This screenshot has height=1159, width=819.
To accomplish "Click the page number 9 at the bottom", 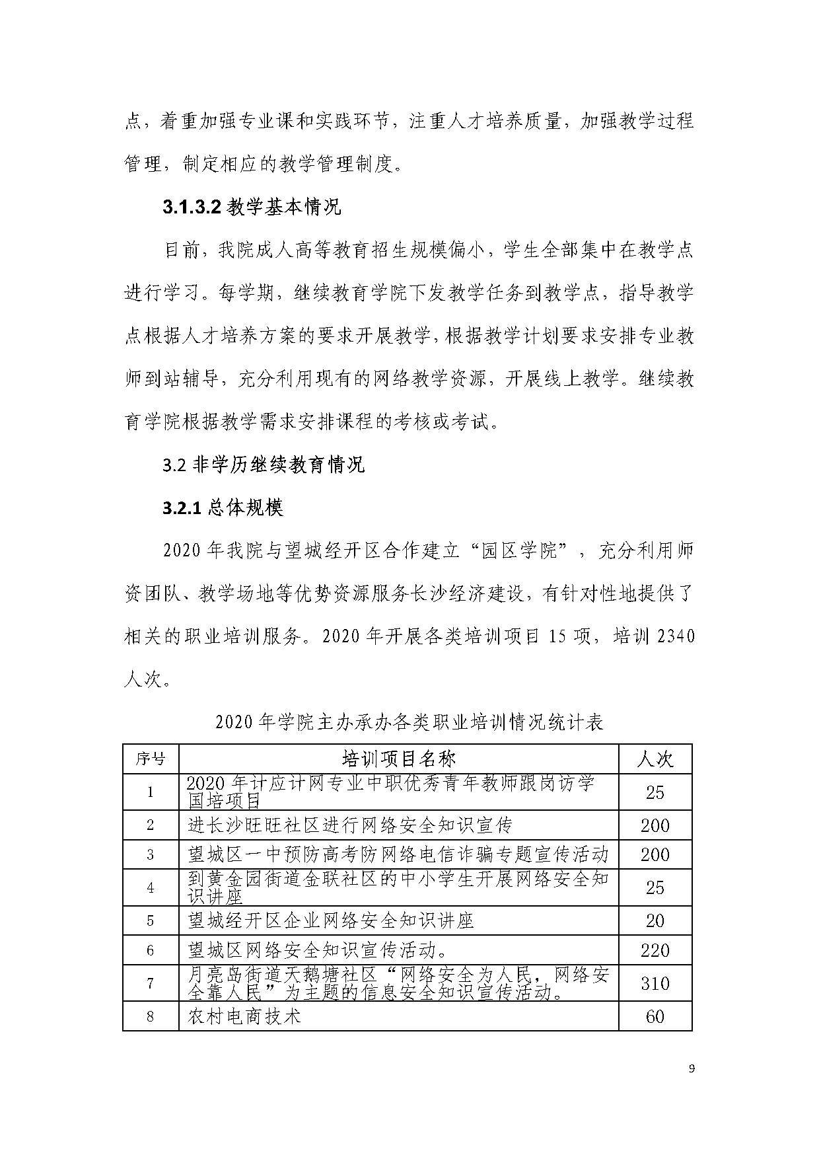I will click(692, 1068).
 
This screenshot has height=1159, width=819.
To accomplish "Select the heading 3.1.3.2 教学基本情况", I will click(252, 208).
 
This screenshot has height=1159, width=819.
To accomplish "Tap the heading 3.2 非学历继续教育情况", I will click(264, 465).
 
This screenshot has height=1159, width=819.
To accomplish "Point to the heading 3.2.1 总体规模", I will click(223, 507).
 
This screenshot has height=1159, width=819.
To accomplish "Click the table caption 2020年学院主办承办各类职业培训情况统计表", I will click(409, 722).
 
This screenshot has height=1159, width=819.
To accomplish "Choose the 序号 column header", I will click(151, 759).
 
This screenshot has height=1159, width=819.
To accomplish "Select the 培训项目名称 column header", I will click(398, 759).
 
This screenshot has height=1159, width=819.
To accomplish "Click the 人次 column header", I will click(655, 759).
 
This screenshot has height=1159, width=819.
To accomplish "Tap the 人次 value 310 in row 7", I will click(655, 983).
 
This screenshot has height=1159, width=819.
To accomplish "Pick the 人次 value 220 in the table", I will click(655, 950).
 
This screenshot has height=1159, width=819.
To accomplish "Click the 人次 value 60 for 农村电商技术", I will click(655, 1016).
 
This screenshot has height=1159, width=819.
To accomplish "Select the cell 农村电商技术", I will click(244, 1016).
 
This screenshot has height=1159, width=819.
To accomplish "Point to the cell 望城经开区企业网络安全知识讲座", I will click(331, 920).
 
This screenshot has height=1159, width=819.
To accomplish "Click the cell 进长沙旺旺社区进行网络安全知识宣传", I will click(350, 825).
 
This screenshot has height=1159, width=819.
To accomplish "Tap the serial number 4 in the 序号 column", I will click(151, 887).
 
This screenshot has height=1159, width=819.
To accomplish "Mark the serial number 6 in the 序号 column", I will click(151, 950).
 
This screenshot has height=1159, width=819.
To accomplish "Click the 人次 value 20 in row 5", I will click(655, 920).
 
